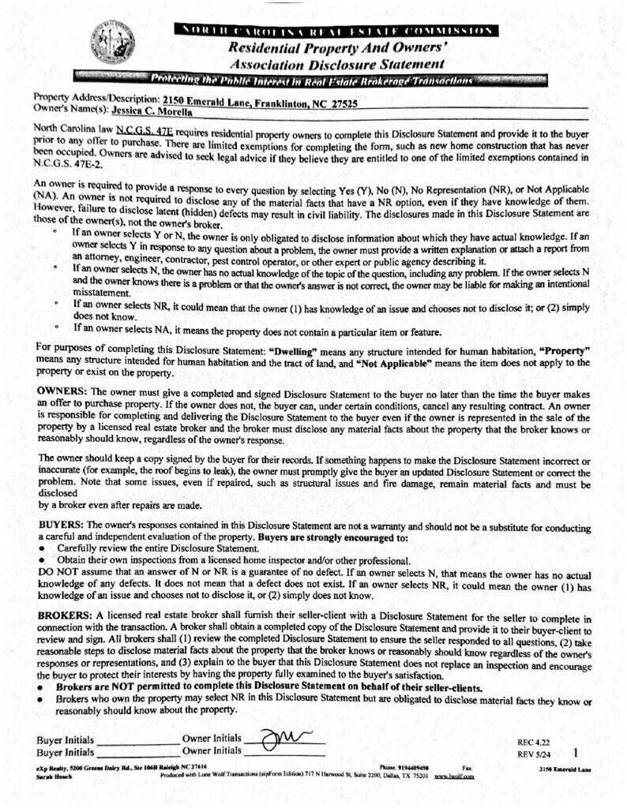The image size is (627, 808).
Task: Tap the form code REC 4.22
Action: pos(532,743)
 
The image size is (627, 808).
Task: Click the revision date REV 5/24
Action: pos(533,754)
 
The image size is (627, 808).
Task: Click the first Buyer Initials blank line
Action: pos(138,743)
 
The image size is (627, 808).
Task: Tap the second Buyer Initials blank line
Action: pos(138,754)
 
